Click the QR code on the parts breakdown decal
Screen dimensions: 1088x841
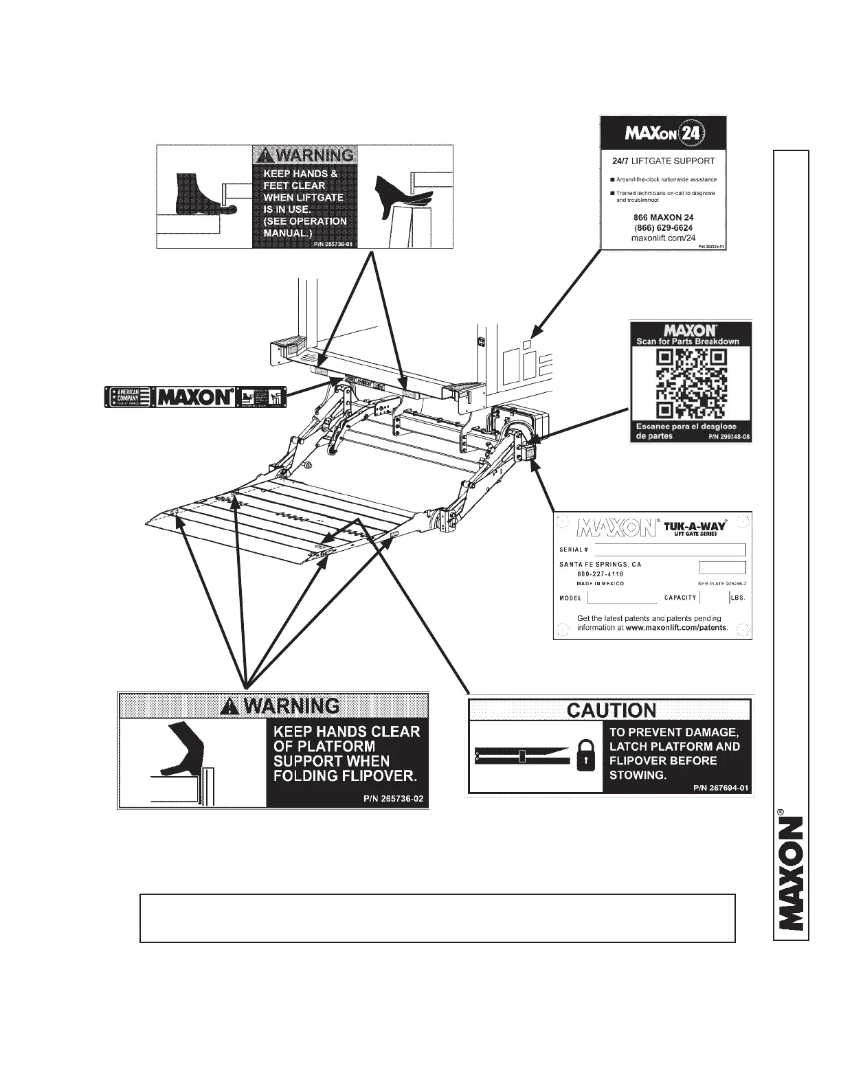click(x=690, y=383)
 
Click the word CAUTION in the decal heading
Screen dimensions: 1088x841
click(x=611, y=710)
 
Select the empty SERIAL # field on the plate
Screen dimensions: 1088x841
click(x=669, y=549)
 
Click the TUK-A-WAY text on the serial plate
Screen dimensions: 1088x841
click(x=695, y=527)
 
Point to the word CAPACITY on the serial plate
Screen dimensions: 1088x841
click(x=680, y=598)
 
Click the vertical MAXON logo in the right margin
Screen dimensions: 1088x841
click(x=791, y=872)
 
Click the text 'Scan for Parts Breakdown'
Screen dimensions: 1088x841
click(x=688, y=341)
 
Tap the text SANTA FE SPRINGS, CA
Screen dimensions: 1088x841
click(x=600, y=565)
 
